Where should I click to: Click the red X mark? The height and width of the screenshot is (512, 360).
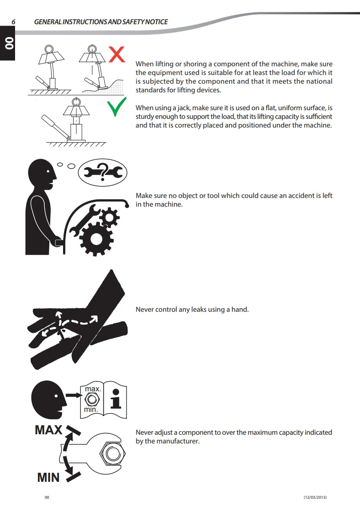point(116,54)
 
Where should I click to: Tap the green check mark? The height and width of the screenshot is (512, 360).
point(116,107)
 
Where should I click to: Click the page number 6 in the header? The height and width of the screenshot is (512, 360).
point(13,22)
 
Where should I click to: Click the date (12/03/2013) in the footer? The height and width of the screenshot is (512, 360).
point(315,497)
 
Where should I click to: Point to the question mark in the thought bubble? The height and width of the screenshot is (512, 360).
point(103,172)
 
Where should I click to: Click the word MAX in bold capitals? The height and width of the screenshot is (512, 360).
point(48,430)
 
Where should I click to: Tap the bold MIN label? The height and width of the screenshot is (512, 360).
point(48,477)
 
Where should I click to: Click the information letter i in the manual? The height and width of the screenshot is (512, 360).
point(116,399)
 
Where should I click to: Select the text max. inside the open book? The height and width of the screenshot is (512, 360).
point(93,389)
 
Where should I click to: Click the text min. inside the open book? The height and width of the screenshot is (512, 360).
point(91,410)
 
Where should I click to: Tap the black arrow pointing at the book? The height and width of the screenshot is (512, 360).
point(74,395)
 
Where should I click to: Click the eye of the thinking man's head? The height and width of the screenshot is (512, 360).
point(48,171)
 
